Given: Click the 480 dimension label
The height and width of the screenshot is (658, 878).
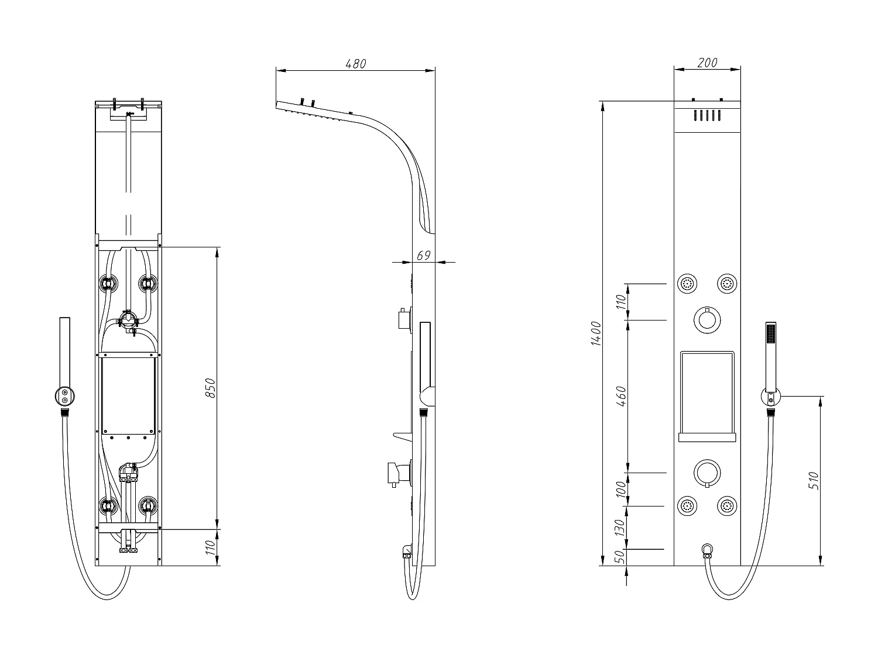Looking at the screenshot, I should [356, 64].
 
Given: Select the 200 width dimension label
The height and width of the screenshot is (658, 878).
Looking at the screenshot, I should [708, 63].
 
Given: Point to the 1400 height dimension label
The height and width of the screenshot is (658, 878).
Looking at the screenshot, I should [596, 333].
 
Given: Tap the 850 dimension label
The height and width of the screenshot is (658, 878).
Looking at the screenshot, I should [211, 388].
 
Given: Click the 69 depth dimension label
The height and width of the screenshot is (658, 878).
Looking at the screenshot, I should [423, 255].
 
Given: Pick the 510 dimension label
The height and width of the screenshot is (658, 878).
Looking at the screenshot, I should [814, 480].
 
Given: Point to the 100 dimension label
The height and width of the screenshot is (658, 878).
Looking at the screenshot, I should [622, 488].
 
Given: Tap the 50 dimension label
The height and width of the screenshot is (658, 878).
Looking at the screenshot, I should [622, 557].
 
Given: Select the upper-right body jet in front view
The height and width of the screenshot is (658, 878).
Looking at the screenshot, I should [727, 284].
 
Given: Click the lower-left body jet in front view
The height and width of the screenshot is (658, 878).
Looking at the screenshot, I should [687, 507].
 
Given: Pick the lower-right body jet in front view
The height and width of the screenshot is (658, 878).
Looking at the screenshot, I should [727, 507].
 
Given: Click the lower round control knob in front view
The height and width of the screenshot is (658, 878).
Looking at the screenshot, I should [707, 472].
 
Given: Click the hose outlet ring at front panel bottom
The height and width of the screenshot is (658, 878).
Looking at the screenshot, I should [707, 549].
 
